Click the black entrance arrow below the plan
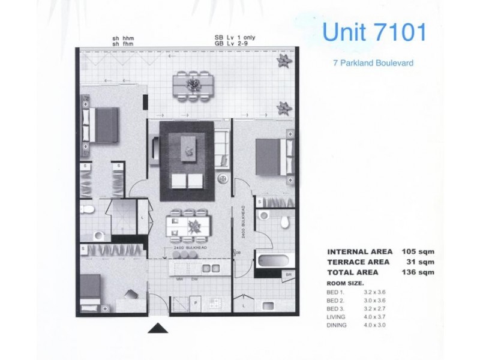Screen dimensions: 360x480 157,329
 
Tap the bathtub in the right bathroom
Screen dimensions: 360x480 274,262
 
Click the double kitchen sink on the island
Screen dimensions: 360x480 211,268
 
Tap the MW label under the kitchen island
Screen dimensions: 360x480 179,280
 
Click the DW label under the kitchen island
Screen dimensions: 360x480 194,280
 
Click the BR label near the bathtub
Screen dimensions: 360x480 289,275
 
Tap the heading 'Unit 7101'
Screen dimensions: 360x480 374,32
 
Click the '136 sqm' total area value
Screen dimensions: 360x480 416,272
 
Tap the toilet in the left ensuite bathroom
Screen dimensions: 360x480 88,209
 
